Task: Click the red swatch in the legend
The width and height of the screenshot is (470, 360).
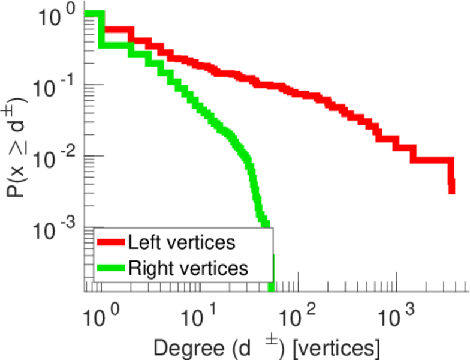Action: coord(111,243)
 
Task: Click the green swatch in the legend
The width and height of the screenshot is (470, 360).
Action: coord(111,268)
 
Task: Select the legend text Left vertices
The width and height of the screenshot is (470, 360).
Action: coord(181,243)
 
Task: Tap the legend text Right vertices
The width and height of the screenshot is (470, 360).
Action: coord(187,268)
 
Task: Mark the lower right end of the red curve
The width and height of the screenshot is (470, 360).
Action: coord(451,191)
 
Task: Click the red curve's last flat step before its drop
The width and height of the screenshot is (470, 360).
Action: coord(432,160)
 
